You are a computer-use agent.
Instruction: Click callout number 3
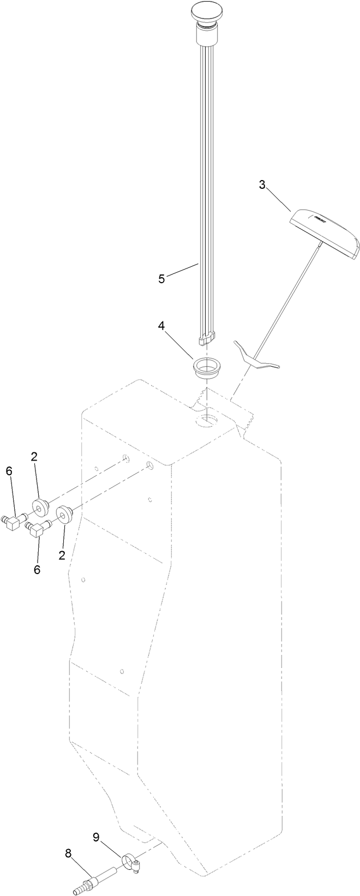coord(262,185)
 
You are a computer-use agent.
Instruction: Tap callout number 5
coord(161,279)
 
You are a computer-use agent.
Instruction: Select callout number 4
coord(161,326)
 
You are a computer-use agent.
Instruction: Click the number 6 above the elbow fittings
coord(8,471)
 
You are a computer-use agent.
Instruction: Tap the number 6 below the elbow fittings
coord(37,569)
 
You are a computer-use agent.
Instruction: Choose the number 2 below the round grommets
coord(62,555)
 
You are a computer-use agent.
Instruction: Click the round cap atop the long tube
coord(207,11)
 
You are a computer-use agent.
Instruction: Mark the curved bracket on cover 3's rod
coord(254,358)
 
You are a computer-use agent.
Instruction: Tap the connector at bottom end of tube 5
coord(208,339)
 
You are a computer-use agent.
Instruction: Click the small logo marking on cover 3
coord(319,219)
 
